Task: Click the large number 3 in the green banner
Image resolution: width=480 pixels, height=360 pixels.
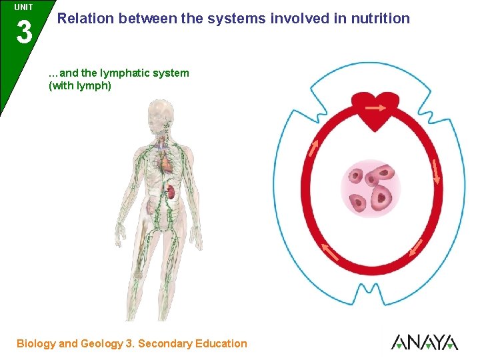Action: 24,32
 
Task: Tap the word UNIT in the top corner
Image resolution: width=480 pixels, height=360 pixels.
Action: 23,7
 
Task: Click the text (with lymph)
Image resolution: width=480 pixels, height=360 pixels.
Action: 80,85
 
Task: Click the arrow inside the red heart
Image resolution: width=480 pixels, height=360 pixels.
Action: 375,107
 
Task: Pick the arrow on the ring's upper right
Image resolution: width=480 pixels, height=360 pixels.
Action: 437,171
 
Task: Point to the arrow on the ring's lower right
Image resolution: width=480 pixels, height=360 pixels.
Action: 415,247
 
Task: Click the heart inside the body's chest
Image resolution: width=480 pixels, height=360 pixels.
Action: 165,160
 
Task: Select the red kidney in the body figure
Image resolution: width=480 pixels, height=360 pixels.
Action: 170,193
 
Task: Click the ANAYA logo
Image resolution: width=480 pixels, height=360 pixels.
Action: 424,343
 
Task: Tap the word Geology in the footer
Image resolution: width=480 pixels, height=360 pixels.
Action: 101,344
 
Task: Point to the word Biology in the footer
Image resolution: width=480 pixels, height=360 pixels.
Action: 36,344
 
